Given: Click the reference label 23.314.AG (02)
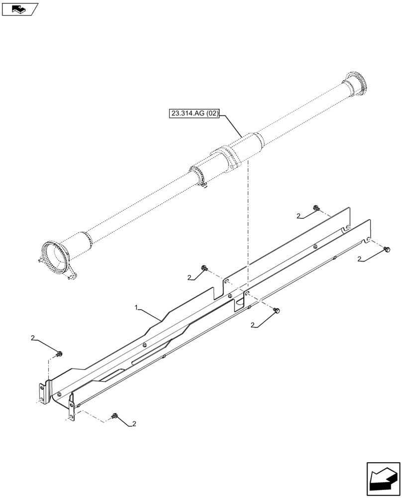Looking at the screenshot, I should (195, 114).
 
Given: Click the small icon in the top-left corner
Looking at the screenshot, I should (19, 8).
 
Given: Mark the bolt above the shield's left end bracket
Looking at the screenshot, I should (59, 354).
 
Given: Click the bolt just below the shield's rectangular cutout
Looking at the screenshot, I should (278, 311).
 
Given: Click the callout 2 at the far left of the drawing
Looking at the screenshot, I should (33, 338).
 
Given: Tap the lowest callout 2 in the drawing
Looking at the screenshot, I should (133, 424).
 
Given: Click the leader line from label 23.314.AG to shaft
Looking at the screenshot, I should (231, 125).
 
